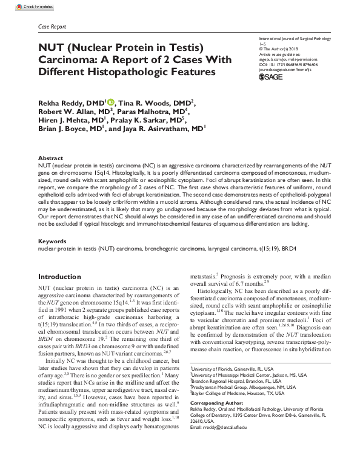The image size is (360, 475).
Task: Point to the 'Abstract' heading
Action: click(50, 157)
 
